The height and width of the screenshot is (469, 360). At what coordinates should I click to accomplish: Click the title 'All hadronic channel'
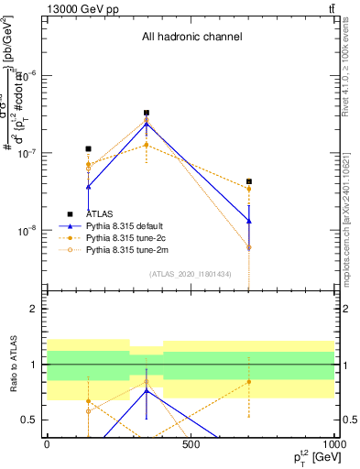point(191,38)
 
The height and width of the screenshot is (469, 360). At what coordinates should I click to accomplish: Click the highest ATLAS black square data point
point(147,113)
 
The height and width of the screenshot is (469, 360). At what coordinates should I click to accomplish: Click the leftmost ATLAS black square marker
point(88,148)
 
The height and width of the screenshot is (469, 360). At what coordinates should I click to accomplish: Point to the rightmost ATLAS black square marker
point(249,181)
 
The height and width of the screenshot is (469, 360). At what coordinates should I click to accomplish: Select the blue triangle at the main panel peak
point(147,123)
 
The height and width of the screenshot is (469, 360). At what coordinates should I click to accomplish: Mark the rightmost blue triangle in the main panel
point(249,221)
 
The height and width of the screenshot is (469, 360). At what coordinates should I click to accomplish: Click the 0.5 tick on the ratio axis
point(32,420)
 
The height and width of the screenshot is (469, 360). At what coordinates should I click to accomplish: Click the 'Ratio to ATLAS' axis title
point(12,365)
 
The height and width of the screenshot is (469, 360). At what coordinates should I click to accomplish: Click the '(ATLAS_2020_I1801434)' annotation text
point(191,274)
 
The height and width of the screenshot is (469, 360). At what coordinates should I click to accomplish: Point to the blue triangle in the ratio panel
point(147,390)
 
